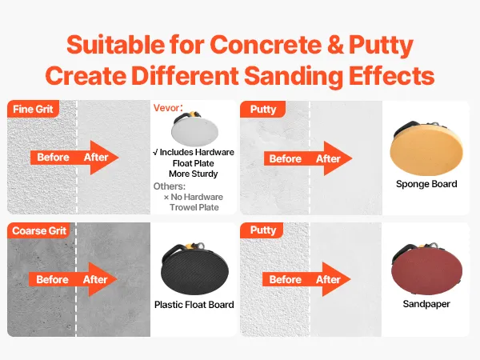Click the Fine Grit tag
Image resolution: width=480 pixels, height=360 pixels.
[x=33, y=109]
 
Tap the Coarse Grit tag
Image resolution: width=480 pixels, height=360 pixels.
[x=39, y=230]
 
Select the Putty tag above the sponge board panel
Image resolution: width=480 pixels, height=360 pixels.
[x=263, y=110]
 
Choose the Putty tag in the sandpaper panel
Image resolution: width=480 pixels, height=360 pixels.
[x=262, y=230]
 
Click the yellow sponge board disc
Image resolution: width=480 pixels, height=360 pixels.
[x=426, y=149]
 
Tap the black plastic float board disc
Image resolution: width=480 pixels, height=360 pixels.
[x=194, y=269]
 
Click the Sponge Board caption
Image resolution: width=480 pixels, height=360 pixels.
[x=426, y=184]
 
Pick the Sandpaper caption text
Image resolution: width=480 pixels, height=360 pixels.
[x=426, y=304]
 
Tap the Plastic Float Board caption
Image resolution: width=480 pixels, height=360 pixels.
[x=194, y=305]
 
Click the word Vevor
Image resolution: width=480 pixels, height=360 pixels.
[x=166, y=108]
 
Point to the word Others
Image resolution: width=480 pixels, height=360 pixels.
[x=169, y=186]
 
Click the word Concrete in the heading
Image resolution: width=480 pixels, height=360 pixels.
[x=266, y=45]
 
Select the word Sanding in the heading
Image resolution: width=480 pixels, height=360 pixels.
[x=294, y=77]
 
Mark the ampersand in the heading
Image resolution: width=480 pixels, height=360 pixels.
[x=335, y=45]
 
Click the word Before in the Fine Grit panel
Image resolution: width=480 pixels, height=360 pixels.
[x=54, y=158]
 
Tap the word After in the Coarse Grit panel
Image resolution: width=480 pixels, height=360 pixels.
[x=95, y=279]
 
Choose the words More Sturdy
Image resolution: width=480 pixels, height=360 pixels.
[x=194, y=174]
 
